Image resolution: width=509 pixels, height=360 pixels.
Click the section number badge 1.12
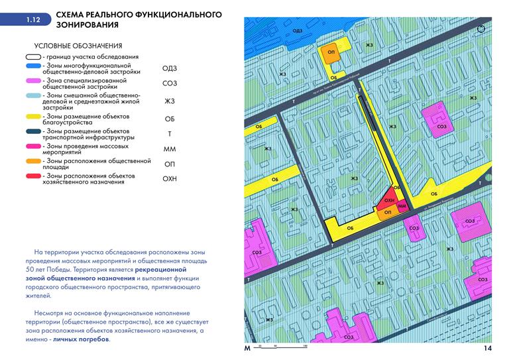tap(33, 21)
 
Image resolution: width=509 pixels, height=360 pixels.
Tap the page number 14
tap(487, 349)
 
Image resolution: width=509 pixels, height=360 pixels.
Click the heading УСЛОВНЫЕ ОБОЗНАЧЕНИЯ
tap(78, 46)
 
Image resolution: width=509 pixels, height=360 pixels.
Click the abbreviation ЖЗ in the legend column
tap(170, 101)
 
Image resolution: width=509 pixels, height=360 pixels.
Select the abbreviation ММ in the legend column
tap(170, 149)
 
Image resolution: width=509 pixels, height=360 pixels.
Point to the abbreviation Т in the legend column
tap(170, 134)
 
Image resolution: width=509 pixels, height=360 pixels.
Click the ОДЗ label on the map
tap(298, 30)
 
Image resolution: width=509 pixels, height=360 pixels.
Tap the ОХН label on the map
tap(389, 200)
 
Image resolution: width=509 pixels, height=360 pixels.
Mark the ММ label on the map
tap(402, 207)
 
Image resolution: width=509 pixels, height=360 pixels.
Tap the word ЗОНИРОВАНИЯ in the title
tap(87, 25)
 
